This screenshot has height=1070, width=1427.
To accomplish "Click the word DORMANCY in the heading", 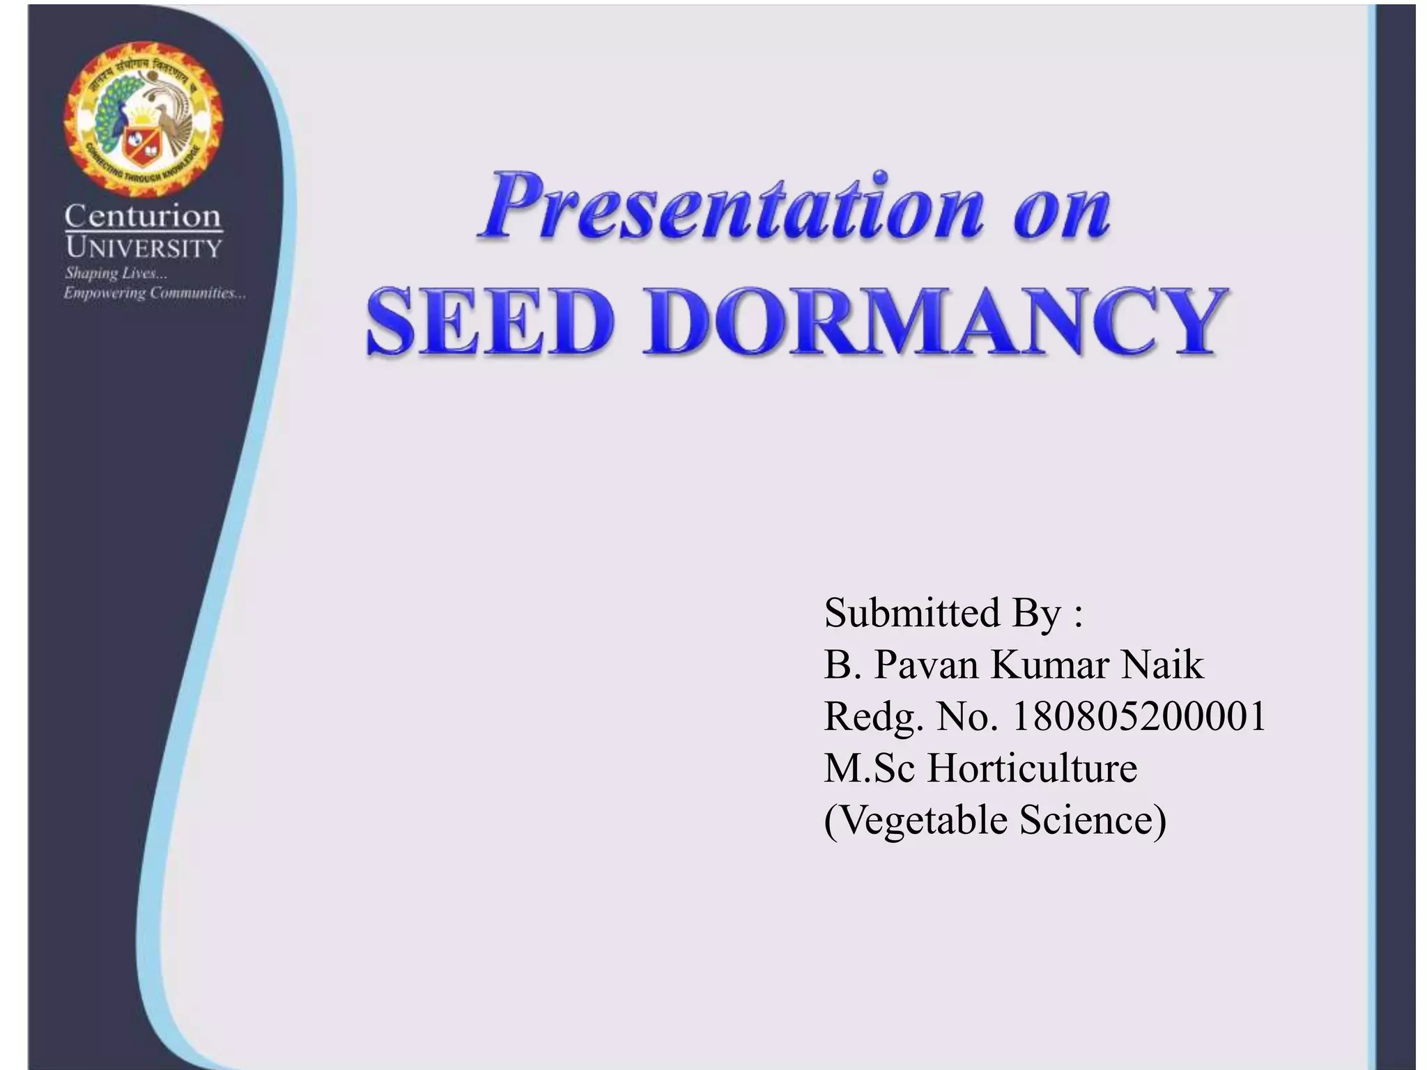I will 934,323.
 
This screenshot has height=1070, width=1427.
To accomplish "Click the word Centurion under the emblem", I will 143,216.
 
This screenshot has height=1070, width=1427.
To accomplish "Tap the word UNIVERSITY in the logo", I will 143,247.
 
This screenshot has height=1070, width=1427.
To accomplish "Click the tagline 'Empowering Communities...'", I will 154,293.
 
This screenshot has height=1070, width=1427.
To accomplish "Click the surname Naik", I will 1162,665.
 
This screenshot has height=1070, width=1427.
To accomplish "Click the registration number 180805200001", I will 1137,716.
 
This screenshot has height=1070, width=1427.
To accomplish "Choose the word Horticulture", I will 1032,768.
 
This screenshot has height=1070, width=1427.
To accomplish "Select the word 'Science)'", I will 1093,819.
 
